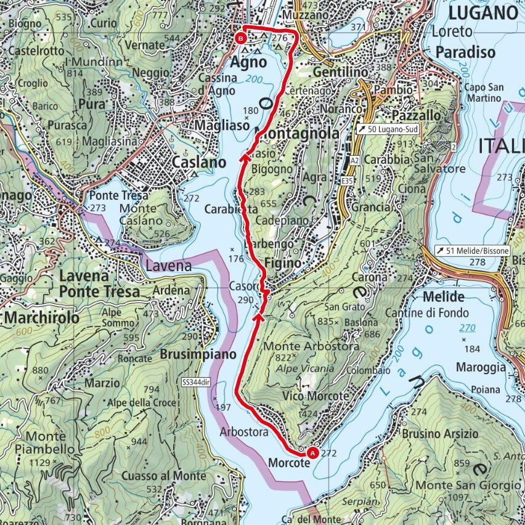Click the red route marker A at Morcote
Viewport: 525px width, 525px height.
click(x=312, y=453)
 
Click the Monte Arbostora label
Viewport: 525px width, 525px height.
click(x=311, y=347)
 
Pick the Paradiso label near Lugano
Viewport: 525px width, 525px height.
click(x=465, y=53)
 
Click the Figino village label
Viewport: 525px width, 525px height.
click(x=283, y=263)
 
